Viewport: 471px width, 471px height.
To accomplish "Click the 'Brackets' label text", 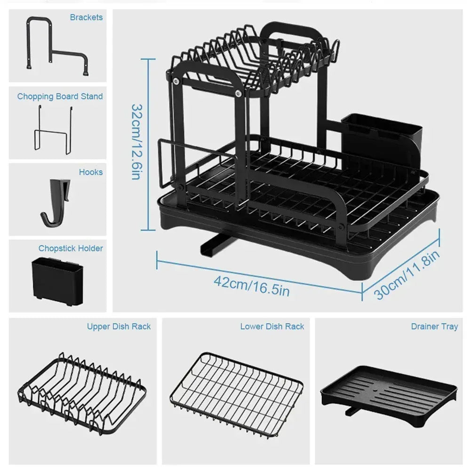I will pyautogui.click(x=86, y=17).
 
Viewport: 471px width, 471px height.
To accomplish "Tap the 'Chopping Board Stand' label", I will pyautogui.click(x=60, y=96).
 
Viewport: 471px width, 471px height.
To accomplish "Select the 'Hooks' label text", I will pyautogui.click(x=90, y=172).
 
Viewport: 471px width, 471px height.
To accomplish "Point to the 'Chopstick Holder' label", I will pyautogui.click(x=71, y=248).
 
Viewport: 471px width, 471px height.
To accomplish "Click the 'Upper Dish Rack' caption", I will pyautogui.click(x=119, y=327).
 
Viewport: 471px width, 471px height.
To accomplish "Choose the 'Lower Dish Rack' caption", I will pyautogui.click(x=272, y=327).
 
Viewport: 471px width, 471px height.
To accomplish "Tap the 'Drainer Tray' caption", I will pyautogui.click(x=434, y=327).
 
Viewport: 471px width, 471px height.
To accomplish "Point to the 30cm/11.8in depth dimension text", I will pyautogui.click(x=407, y=275).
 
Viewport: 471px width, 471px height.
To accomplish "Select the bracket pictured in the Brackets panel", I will pyautogui.click(x=56, y=47).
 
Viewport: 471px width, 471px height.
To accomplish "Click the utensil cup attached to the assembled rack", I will pyautogui.click(x=381, y=136).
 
